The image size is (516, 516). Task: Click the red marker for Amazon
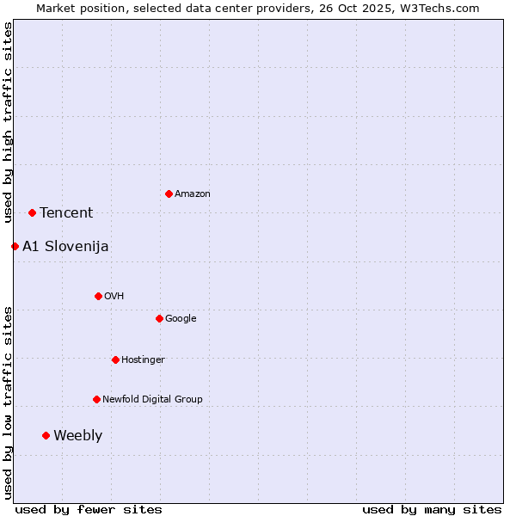(x=169, y=193)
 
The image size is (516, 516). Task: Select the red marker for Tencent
(x=32, y=212)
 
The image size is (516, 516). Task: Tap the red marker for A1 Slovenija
(x=15, y=246)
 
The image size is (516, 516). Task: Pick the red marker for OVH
(x=98, y=296)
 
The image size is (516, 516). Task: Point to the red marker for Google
(x=159, y=318)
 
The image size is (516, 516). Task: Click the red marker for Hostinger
(x=115, y=359)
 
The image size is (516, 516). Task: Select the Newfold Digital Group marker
(x=96, y=399)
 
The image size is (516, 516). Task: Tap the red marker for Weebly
(x=46, y=435)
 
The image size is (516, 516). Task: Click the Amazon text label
(x=193, y=194)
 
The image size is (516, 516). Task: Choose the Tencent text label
(x=66, y=213)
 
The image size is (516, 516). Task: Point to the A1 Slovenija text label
(x=65, y=247)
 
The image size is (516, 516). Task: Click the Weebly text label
(x=77, y=436)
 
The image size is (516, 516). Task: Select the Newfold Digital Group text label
(x=152, y=399)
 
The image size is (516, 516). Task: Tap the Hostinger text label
(x=143, y=359)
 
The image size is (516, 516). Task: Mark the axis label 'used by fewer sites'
(x=89, y=509)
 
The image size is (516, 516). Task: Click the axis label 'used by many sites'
(x=432, y=509)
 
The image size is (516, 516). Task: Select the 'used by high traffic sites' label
(x=8, y=122)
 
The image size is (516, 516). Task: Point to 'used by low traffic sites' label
(x=8, y=402)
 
